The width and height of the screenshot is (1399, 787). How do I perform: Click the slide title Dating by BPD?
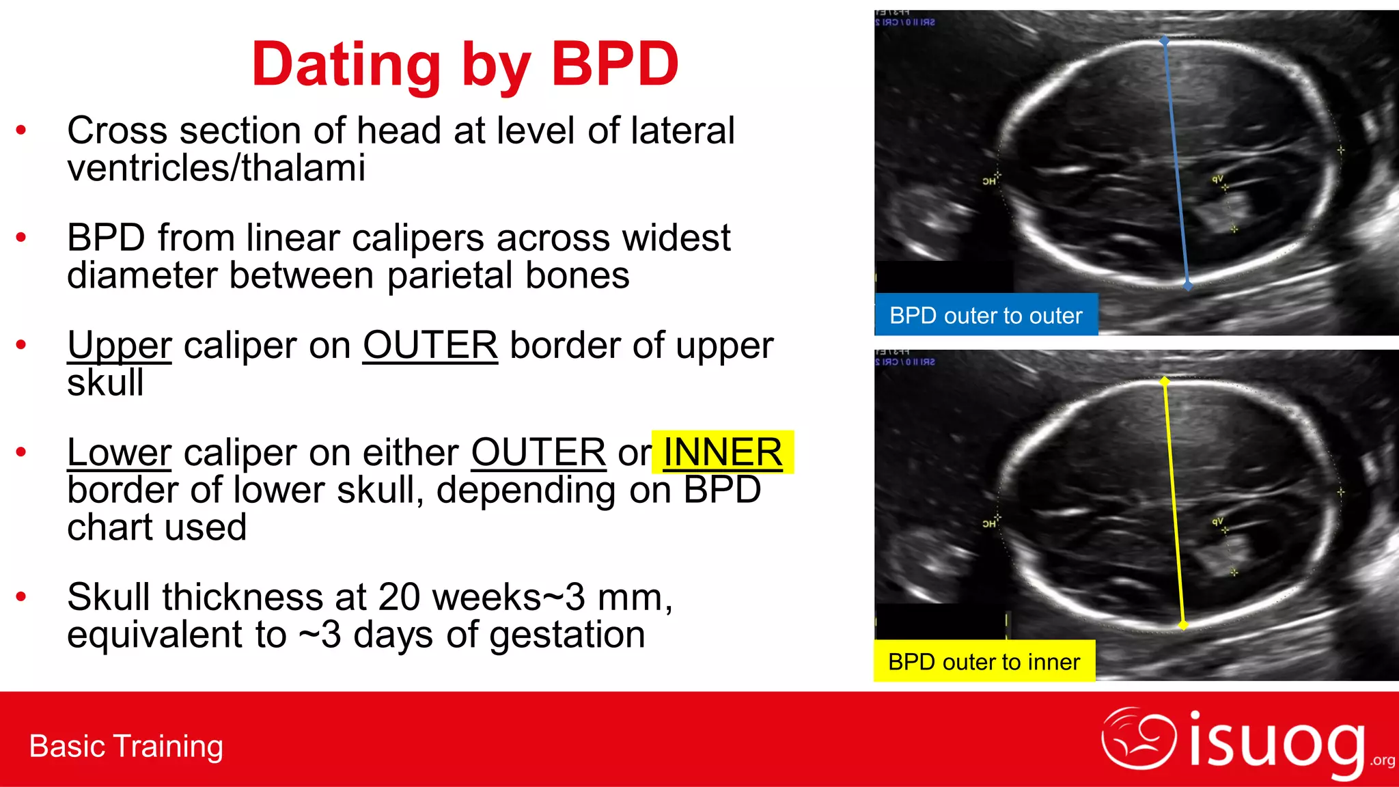465,64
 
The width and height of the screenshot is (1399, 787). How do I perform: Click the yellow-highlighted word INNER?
722,452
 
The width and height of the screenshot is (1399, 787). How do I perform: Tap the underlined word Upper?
120,345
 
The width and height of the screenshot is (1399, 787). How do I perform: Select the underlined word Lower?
120,452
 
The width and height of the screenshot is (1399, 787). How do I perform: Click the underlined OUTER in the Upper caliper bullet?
430,345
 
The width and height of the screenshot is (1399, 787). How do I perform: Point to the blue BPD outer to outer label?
986,316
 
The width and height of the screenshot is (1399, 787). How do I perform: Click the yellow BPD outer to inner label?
984,661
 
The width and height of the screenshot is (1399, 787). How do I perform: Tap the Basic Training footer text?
126,746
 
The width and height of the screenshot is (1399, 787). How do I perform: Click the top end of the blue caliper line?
1165,42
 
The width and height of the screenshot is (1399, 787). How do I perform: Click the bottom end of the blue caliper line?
1188,285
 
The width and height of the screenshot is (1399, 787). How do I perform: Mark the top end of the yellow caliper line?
1165,381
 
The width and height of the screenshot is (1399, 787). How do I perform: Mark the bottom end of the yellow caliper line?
1183,624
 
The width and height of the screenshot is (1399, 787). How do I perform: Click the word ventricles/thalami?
216,168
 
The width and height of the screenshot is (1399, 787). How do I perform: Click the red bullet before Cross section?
21,130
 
